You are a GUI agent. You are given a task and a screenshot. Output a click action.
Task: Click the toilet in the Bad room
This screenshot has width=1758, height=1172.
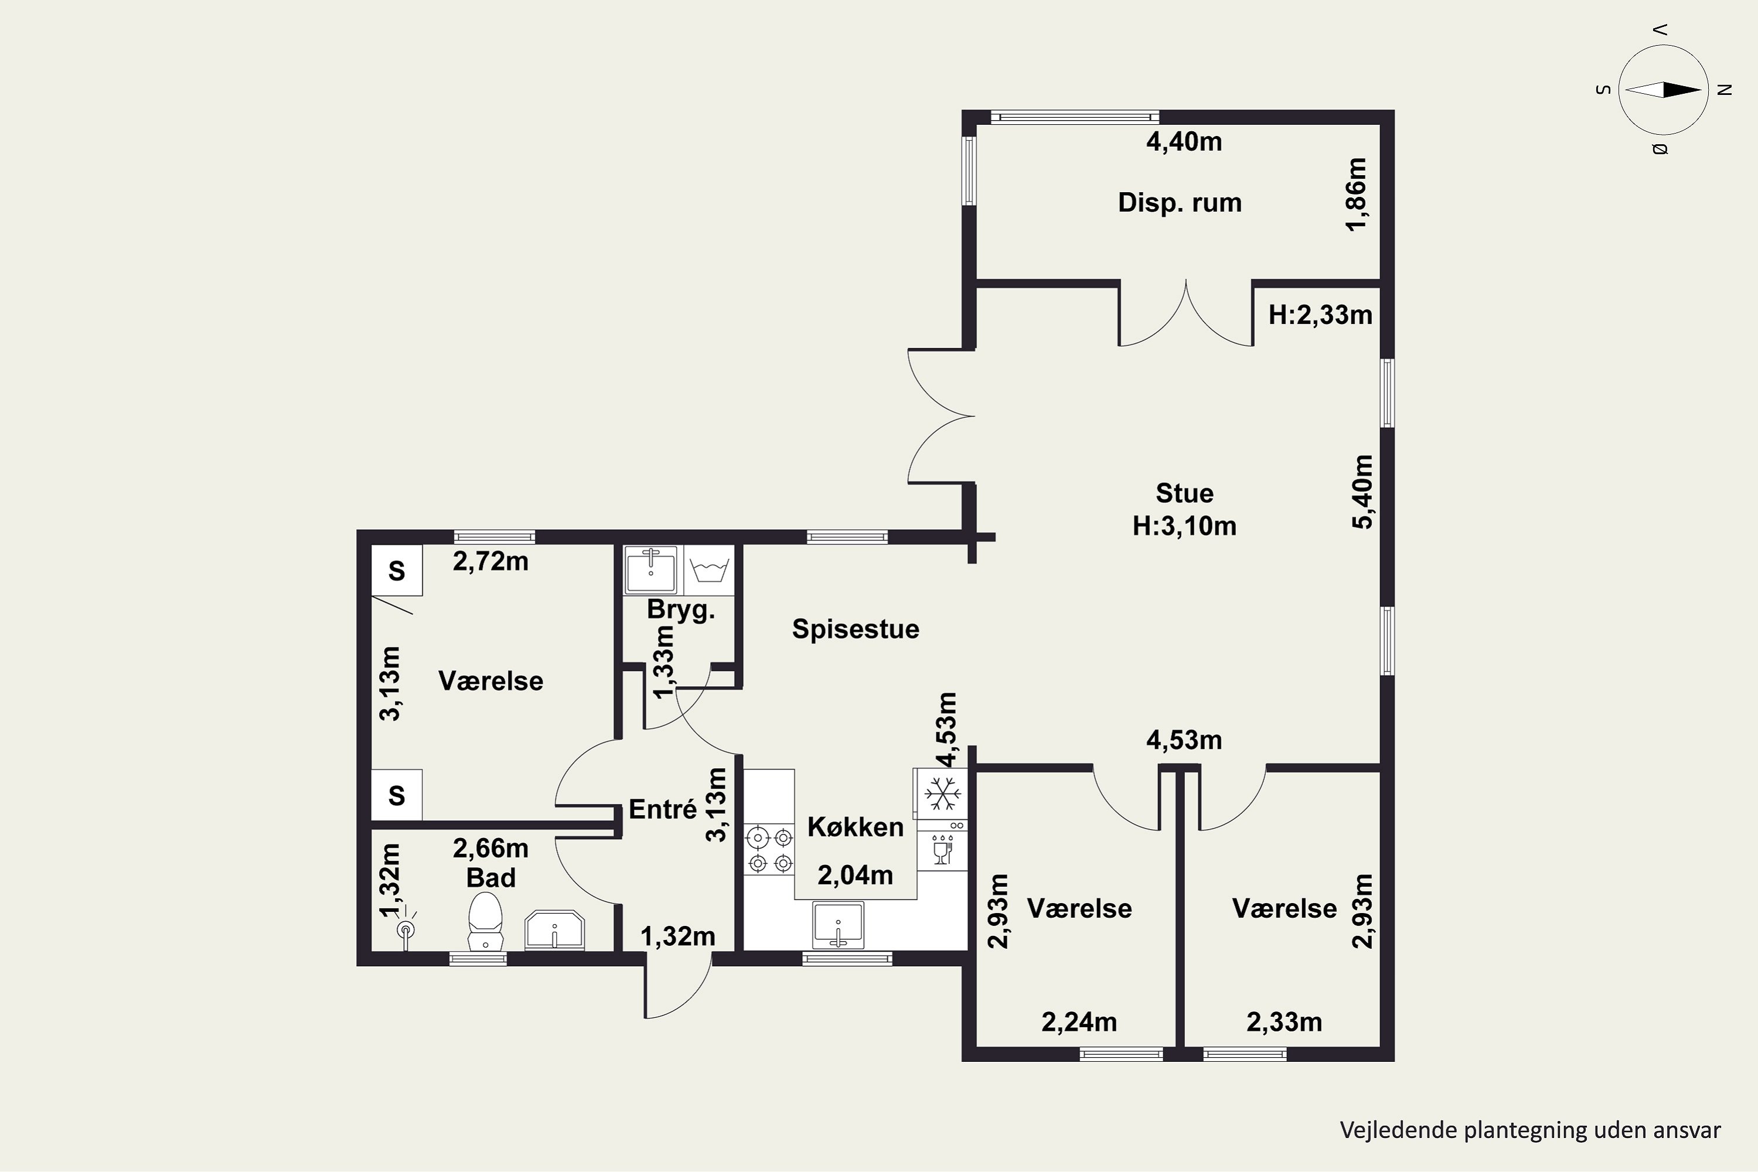[485, 921]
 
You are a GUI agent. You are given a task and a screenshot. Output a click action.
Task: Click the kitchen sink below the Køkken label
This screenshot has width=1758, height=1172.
[838, 924]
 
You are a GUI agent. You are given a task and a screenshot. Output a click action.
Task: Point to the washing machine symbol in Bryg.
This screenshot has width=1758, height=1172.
[709, 571]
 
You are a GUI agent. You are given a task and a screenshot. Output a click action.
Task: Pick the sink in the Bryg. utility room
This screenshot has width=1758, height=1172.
[651, 570]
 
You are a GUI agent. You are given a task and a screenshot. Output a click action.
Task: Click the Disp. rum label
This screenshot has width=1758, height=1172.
[1180, 203]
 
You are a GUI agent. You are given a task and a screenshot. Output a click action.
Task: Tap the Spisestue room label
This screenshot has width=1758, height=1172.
[856, 629]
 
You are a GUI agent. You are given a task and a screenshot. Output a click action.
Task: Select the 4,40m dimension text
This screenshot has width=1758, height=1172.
[1184, 142]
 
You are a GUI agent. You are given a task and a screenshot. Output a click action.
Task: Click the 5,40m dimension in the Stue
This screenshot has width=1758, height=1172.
[1362, 491]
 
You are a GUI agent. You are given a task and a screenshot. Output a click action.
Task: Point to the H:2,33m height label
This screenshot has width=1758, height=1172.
[1321, 315]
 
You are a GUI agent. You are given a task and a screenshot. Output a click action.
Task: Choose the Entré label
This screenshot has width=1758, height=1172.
[663, 809]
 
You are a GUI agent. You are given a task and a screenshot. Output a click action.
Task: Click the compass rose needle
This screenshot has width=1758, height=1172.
[1663, 90]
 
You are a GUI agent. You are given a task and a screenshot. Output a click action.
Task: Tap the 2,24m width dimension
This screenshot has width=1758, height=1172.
[1079, 1022]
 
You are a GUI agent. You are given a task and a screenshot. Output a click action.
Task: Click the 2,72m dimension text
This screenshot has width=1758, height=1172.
[490, 561]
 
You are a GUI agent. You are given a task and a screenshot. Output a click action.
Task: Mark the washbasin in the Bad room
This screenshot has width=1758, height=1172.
[554, 930]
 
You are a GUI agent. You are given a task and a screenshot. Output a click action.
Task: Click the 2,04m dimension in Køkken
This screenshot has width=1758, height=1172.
[855, 875]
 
